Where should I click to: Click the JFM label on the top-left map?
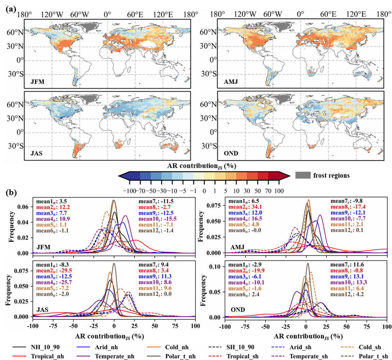tap(36, 82)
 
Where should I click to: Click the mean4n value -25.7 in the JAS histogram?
tap(66, 282)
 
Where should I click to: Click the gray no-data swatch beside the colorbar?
tap(303, 175)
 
